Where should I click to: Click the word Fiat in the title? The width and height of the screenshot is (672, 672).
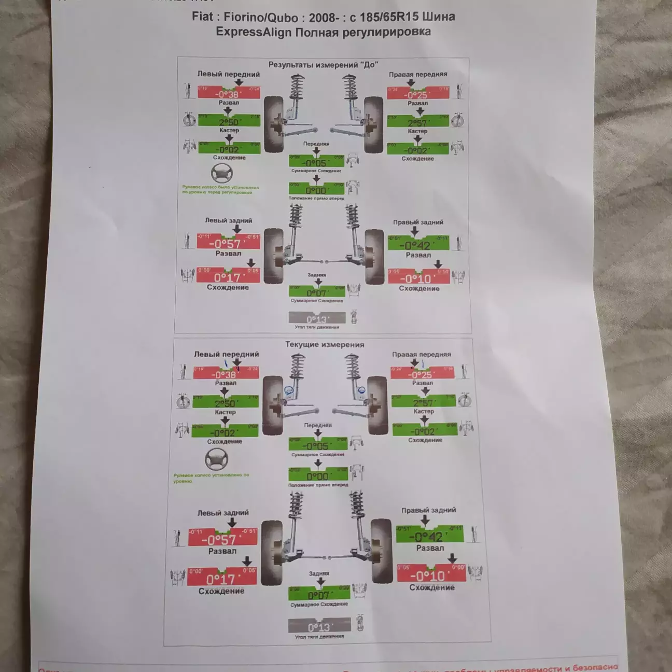202,17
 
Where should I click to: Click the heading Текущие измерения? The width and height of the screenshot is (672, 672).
325,344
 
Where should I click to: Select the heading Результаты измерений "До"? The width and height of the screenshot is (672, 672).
323,65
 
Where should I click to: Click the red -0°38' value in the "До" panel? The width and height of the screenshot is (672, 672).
228,94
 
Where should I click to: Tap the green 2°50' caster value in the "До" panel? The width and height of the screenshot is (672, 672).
229,122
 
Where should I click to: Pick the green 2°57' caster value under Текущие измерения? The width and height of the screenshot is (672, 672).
424,402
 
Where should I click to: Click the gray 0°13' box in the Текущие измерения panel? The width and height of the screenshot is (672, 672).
318,626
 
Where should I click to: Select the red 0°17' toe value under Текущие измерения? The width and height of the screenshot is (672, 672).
221,579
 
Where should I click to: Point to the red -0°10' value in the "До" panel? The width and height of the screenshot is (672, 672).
418,278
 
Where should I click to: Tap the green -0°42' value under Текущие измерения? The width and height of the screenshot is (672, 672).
429,536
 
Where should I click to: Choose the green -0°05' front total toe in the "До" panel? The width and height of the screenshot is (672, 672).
316,163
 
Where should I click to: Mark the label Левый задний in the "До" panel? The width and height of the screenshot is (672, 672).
228,220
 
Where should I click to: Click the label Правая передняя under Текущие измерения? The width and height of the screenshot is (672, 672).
421,355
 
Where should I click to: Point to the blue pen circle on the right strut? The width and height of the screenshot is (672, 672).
361,389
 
